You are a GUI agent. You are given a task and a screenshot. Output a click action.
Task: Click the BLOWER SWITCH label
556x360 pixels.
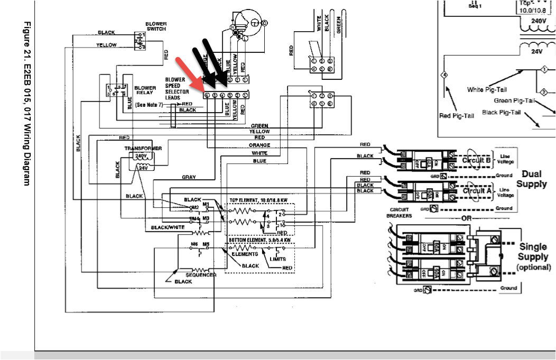point(156,26)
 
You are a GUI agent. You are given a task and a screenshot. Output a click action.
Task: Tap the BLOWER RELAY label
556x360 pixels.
point(145,90)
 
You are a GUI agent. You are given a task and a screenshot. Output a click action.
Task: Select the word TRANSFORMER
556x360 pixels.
point(142,149)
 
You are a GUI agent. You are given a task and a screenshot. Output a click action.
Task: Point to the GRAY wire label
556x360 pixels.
point(189,177)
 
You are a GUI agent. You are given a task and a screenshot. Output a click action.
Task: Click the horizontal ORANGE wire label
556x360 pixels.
point(260,145)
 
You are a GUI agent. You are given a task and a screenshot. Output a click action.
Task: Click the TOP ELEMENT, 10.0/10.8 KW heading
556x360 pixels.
point(258,201)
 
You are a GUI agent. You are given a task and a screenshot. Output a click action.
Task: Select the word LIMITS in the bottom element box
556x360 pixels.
point(278,259)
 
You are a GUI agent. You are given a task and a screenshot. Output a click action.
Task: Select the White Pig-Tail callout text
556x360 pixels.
point(487,89)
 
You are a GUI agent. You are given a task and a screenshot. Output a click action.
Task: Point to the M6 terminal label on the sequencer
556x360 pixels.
point(194,245)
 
